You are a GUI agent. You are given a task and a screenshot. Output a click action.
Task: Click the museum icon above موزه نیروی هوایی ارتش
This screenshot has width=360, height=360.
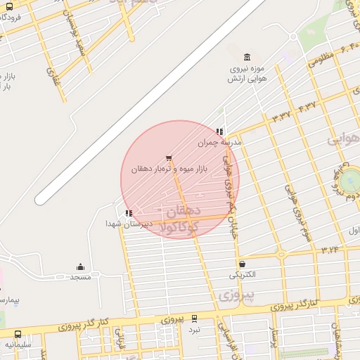click(x=246, y=57)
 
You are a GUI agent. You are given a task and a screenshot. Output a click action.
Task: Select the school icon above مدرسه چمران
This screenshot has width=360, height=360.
click(x=220, y=131)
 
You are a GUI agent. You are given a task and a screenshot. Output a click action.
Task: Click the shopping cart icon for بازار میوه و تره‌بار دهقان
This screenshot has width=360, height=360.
click(x=168, y=158)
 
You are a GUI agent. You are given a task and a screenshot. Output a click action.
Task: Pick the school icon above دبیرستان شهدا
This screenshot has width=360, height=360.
click(x=128, y=212)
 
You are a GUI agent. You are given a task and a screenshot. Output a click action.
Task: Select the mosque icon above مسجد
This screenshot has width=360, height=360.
click(x=80, y=267)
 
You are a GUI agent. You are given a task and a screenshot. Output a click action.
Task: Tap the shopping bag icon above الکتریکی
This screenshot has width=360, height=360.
click(x=242, y=264)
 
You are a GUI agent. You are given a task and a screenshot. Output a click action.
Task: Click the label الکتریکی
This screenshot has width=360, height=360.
click(x=242, y=274)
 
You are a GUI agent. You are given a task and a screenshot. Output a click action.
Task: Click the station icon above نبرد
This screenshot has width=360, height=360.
click(x=194, y=319)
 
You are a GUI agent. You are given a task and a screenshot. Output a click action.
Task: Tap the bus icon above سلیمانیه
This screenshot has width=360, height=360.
click(x=18, y=335)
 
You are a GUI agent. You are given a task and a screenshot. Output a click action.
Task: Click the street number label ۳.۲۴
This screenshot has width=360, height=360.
click(x=330, y=249)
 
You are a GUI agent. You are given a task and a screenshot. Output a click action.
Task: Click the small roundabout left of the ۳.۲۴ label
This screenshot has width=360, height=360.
click(x=281, y=255)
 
